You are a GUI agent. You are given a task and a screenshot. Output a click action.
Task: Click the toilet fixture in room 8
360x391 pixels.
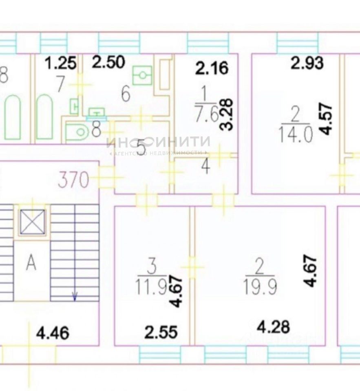point(77,132)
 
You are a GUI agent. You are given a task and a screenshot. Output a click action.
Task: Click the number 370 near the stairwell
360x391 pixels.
point(73,180)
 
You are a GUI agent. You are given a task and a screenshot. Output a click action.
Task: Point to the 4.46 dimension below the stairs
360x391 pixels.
point(53,334)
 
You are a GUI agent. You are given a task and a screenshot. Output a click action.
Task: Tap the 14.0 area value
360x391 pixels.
point(295,133)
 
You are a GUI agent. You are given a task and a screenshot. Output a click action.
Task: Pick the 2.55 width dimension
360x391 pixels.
point(161,332)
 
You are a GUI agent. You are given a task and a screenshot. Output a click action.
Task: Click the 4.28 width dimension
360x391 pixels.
point(274,326)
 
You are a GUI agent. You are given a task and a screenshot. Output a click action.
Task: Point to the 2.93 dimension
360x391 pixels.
point(307,63)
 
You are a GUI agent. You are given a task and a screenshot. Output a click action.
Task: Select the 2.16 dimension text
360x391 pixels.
point(211,68)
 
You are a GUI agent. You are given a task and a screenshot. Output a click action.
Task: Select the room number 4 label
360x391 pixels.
point(206,167)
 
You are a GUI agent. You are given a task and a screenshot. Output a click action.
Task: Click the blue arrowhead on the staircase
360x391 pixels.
point(75,297)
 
